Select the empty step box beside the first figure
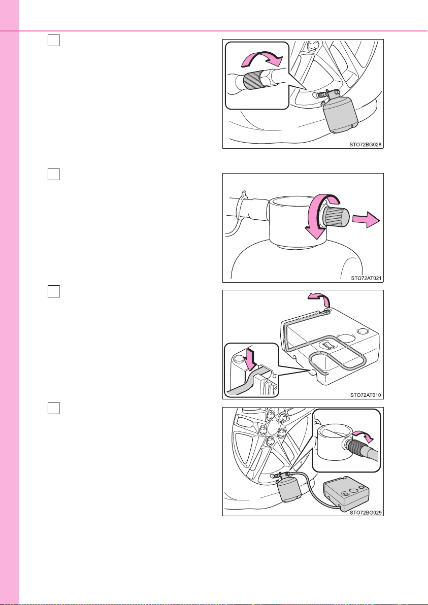(x=54, y=40)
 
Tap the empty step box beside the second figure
(x=54, y=174)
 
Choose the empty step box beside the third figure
(x=54, y=291)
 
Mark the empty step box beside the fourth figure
(x=54, y=408)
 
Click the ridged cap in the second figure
(x=336, y=218)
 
